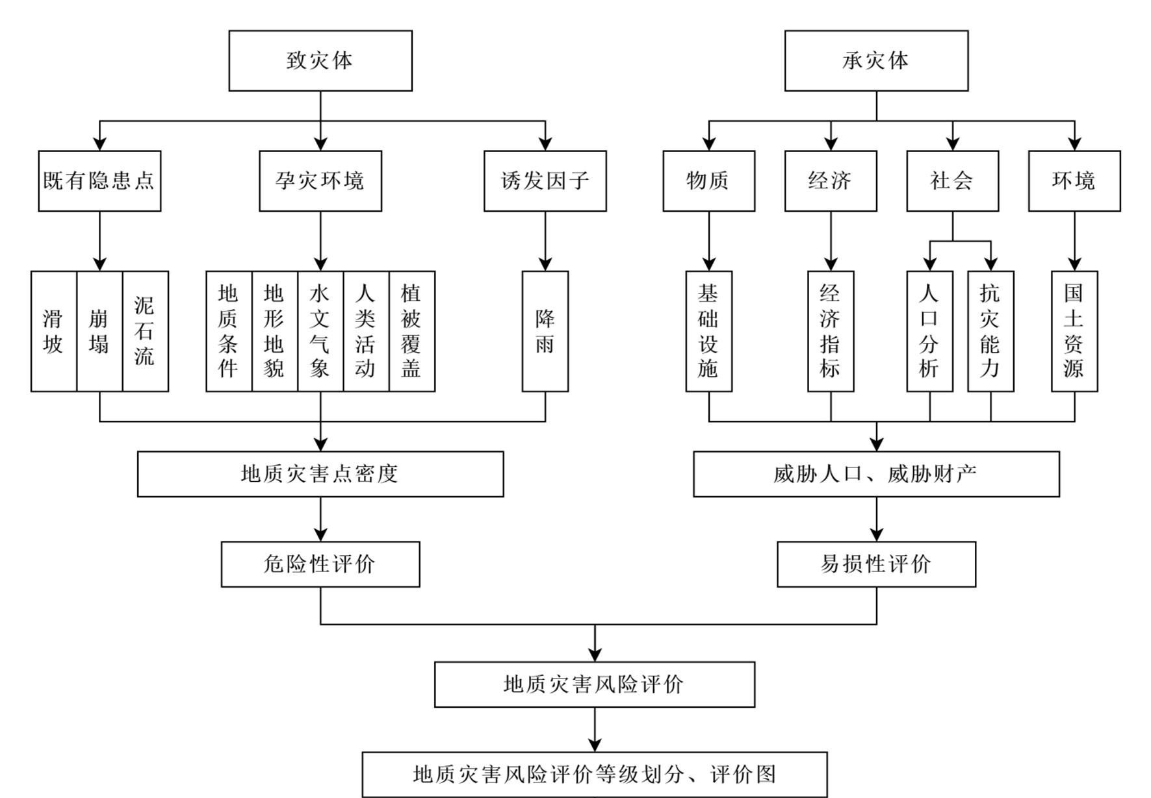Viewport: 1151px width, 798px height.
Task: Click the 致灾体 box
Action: pos(320,60)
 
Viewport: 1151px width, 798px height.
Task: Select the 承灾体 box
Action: pos(875,60)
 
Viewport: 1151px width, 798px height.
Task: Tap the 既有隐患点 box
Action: pos(99,181)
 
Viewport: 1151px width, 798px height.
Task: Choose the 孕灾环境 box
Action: pos(320,181)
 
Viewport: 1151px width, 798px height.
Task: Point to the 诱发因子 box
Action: pos(545,181)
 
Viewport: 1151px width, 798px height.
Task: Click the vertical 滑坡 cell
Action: pos(53,331)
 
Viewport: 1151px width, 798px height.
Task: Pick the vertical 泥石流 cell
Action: pos(145,331)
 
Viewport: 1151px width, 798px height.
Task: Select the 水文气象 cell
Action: pos(320,331)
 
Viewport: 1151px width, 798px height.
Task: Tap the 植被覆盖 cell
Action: pos(411,331)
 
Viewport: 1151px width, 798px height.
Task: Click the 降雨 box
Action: pos(545,331)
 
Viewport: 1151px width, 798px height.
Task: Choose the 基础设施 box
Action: pos(708,331)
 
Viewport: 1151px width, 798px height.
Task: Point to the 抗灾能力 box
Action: pos(990,331)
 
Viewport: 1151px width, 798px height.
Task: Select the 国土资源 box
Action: pos(1074,331)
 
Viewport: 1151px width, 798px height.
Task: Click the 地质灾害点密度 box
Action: pos(320,474)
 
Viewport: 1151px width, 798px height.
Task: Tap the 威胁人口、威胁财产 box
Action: pos(875,474)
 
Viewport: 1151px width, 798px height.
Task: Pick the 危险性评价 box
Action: pos(320,564)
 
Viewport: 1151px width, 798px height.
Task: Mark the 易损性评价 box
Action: pos(875,564)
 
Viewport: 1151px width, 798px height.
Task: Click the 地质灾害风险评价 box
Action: pos(594,684)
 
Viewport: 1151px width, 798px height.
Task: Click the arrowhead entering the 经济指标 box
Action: pos(831,264)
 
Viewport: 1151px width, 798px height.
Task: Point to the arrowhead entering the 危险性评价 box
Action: pos(320,535)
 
